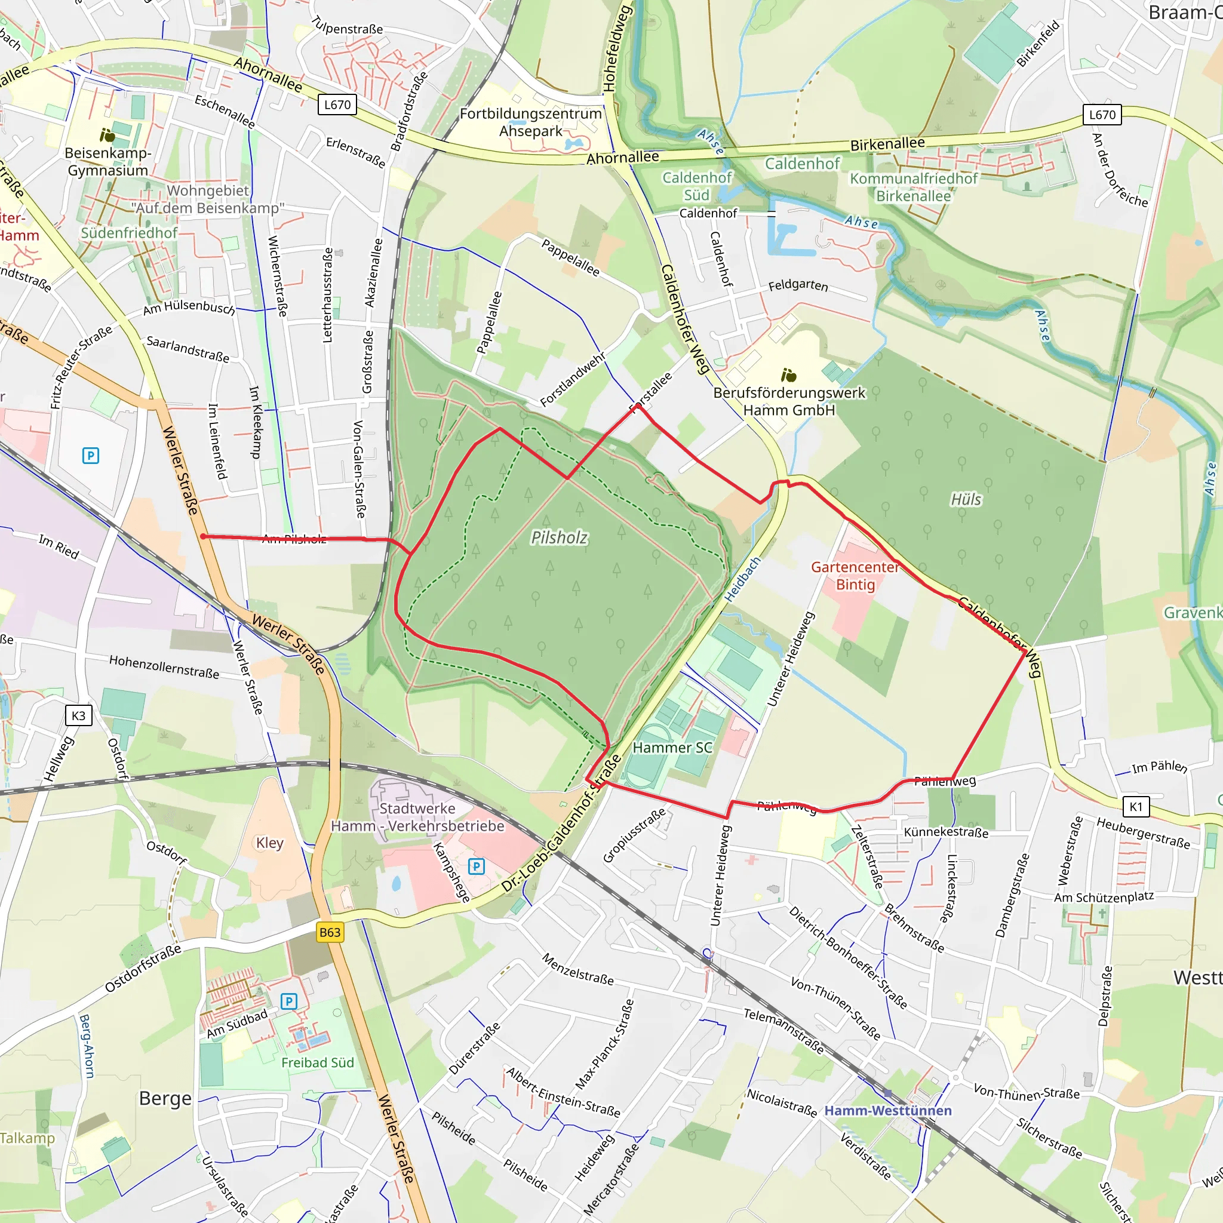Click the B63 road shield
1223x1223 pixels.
[x=330, y=932]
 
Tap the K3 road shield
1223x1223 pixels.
[x=78, y=715]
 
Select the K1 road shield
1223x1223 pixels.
[x=1136, y=806]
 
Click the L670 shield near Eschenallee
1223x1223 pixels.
[x=337, y=105]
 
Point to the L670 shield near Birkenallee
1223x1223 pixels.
[x=1102, y=115]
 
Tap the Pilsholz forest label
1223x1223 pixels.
[x=559, y=537]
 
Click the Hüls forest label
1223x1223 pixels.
[x=966, y=499]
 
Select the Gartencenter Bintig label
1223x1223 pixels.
[x=855, y=576]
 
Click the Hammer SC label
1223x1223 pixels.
[x=672, y=748]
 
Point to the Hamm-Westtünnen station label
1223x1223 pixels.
[x=887, y=1110]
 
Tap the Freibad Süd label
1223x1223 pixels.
[x=317, y=1062]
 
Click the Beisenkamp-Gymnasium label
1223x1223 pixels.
[x=107, y=161]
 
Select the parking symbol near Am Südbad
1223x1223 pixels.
[x=288, y=1001]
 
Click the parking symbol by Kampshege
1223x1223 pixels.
[x=476, y=866]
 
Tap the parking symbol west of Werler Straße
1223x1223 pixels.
[x=91, y=455]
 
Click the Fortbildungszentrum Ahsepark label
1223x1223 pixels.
[x=530, y=122]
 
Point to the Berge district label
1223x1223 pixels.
[x=165, y=1098]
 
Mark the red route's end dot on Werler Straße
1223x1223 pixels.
[x=202, y=536]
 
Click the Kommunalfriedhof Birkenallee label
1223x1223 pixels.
[x=913, y=188]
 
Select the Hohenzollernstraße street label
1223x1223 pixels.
[x=164, y=666]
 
